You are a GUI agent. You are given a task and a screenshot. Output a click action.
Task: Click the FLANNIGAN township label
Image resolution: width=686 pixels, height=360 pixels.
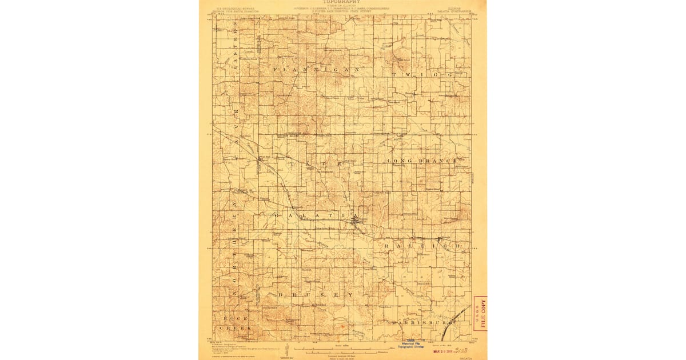click(x=316, y=70)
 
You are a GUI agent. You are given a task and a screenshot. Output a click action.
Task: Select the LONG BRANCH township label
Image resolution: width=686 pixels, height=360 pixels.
click(x=422, y=161)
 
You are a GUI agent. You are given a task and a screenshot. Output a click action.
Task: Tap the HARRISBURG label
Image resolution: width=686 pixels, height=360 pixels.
click(x=422, y=322)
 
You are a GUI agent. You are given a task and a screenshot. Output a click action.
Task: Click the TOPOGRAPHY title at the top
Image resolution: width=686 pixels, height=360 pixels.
click(x=342, y=2)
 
